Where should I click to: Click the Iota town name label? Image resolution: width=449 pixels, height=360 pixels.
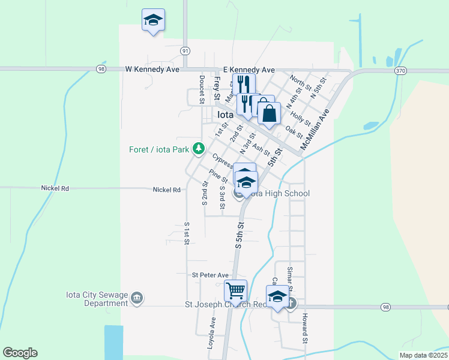[x=224, y=115]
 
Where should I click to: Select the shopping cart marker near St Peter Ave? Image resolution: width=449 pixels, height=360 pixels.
[x=235, y=291]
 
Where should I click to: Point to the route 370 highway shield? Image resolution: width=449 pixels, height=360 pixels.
[x=400, y=70]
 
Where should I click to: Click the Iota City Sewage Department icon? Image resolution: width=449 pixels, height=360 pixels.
[x=137, y=298]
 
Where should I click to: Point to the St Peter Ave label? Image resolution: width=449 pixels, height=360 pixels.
[x=211, y=275]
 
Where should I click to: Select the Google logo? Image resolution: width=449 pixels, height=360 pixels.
[x=20, y=353]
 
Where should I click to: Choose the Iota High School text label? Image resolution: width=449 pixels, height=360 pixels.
[x=280, y=193]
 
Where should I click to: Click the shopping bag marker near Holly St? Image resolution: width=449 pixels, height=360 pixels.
[x=270, y=112]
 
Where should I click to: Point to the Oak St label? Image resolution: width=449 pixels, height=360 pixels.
[x=294, y=131]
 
